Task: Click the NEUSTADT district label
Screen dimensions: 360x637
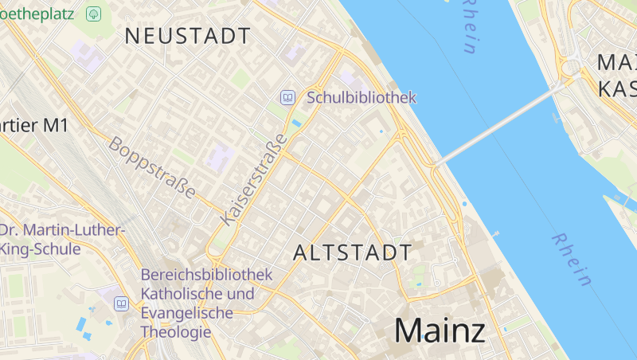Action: coord(188,36)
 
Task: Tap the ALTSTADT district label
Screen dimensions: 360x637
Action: coord(353,253)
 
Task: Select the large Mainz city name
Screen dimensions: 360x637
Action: coord(440,331)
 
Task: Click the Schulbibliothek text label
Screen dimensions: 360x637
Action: coord(361,98)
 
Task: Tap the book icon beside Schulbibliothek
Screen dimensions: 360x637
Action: coord(287,98)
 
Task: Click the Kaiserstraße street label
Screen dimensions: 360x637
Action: coord(253,181)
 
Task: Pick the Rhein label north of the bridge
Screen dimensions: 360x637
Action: coord(469,25)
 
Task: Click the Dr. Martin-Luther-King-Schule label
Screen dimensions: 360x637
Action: coord(62,239)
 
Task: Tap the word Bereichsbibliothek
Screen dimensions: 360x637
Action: coord(206,275)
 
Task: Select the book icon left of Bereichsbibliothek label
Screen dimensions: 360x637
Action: coord(121,303)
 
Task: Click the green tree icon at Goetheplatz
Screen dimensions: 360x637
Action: coord(94,14)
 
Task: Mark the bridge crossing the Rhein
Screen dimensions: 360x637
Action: coord(494,127)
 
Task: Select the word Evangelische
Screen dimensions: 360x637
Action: coord(186,313)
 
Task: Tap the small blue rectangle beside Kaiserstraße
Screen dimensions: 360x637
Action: coord(297,123)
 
